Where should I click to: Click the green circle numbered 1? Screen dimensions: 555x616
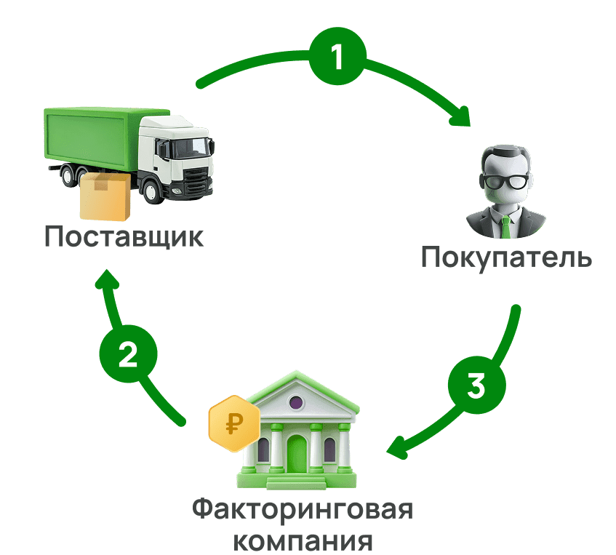pyautogui.click(x=336, y=58)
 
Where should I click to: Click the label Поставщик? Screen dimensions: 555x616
pyautogui.click(x=124, y=237)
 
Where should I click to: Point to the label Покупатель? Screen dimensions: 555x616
pyautogui.click(x=507, y=257)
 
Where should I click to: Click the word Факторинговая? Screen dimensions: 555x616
pyautogui.click(x=303, y=509)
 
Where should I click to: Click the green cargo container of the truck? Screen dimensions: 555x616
pyautogui.click(x=91, y=138)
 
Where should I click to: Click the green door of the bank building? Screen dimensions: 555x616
pyautogui.click(x=297, y=455)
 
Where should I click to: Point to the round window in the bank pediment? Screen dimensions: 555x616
pyautogui.click(x=296, y=402)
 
